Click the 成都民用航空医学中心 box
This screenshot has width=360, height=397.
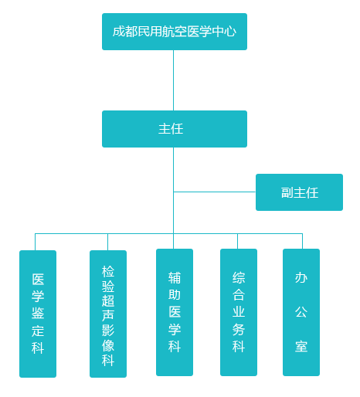point(175,32)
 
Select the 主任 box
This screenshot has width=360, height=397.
point(175,129)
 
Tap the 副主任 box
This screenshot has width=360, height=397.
point(299,192)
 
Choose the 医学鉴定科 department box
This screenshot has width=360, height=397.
point(38,314)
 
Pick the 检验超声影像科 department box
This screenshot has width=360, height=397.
point(108,314)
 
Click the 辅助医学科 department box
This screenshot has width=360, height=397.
point(175,312)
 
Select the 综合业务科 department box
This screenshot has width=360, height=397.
point(239,312)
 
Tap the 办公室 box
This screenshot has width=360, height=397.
point(301,312)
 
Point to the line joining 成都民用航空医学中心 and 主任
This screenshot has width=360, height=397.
point(173,80)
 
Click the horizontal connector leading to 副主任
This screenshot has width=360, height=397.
point(215,192)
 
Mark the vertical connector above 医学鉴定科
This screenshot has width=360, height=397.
point(35,242)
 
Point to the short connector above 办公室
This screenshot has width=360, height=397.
point(302,241)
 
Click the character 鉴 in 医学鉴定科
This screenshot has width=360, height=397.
point(38,314)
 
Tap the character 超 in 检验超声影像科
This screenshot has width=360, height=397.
point(108,300)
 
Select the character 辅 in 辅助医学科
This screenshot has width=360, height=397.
point(175,278)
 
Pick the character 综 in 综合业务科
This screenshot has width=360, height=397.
point(239,278)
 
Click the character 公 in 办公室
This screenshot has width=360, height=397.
point(301,312)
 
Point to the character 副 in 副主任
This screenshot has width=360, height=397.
point(287,192)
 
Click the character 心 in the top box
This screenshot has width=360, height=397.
point(230,32)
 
